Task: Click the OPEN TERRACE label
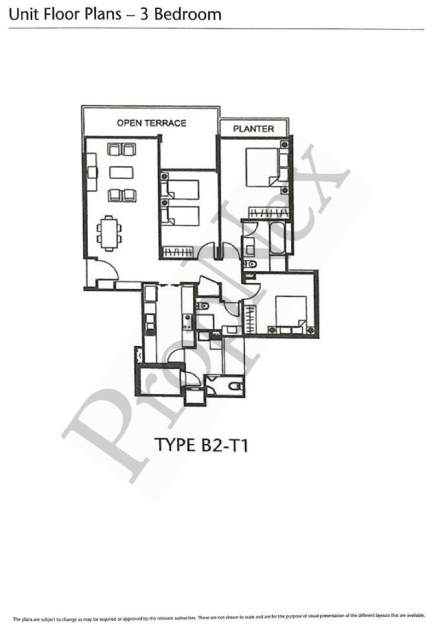(x=151, y=123)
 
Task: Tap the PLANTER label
(x=253, y=129)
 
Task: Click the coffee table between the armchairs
(x=121, y=172)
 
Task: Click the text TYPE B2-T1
(x=202, y=445)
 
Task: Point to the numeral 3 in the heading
(x=146, y=14)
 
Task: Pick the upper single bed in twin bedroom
(x=181, y=189)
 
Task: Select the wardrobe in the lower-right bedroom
(x=251, y=318)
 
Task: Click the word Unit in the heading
(x=21, y=14)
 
